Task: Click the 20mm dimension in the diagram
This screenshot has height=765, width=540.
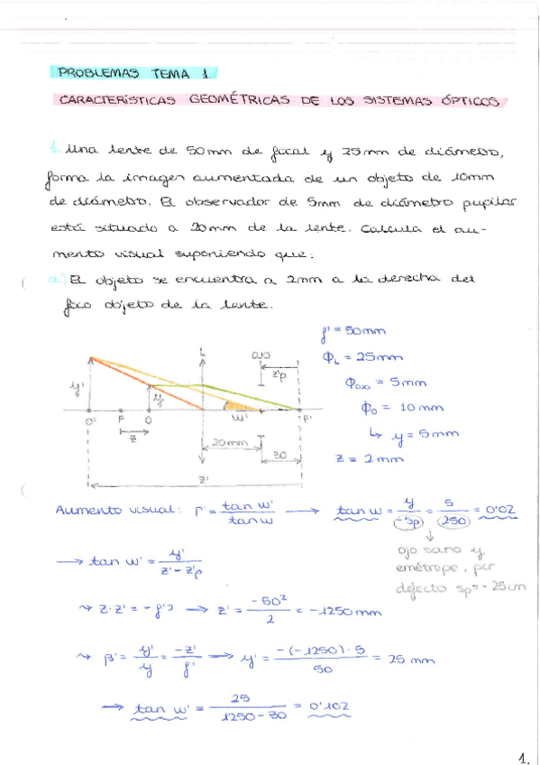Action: coord(230,444)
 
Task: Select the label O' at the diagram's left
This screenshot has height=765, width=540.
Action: coord(91,420)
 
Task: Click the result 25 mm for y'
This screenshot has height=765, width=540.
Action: coord(411,659)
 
